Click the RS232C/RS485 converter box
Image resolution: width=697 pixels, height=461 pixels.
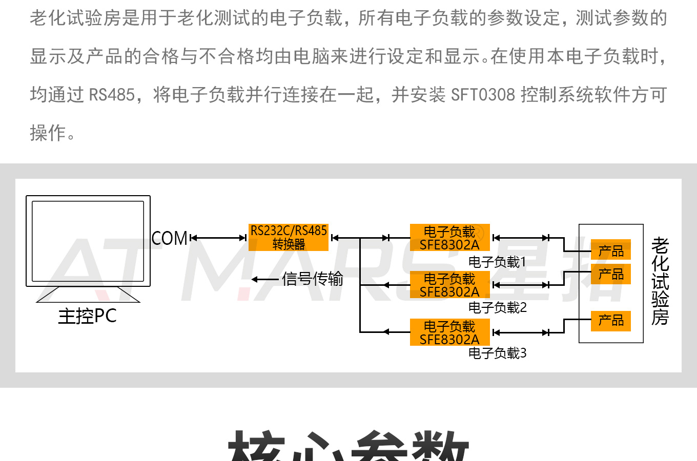[288, 237]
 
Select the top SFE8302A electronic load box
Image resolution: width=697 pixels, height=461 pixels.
[449, 238]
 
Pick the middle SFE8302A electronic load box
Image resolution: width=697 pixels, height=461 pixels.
[449, 285]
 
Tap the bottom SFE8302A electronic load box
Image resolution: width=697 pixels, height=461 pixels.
[449, 332]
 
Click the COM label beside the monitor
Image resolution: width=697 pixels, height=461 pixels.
[170, 238]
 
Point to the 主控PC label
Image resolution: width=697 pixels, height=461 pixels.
[87, 316]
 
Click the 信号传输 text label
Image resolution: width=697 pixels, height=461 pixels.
[312, 279]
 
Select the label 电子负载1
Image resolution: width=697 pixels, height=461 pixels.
[497, 262]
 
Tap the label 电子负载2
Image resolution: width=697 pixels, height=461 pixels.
[497, 308]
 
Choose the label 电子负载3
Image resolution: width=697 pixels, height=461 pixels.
[497, 353]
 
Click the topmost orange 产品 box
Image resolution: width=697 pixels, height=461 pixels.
[610, 250]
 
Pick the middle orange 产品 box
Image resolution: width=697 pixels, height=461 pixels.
[610, 274]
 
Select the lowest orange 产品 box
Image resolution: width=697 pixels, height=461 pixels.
[610, 321]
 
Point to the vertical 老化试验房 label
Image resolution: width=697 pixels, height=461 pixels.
[660, 281]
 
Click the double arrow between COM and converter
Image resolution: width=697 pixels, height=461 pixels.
[218, 238]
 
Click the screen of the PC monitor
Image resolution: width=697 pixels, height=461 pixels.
[88, 241]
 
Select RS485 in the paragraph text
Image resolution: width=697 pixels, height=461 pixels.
[112, 95]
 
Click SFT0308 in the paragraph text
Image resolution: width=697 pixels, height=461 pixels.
[483, 95]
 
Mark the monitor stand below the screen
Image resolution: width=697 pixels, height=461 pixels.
[88, 295]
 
